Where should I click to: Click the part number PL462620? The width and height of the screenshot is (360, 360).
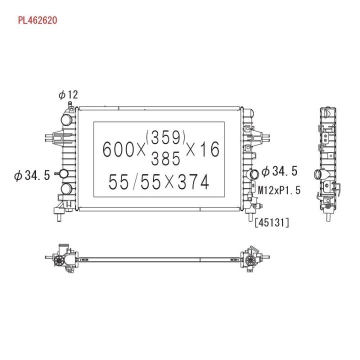coord(37,20)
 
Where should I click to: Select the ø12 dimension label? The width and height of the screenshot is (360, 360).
coord(68,94)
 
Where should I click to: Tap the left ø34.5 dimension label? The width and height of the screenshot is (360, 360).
coord(32,175)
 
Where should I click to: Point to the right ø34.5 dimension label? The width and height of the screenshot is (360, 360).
coord(279,171)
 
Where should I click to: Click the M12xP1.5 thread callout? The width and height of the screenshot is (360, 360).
coord(279,190)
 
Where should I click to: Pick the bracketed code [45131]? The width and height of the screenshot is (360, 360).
coord(272,222)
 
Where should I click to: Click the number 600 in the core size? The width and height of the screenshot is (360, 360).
coord(118,149)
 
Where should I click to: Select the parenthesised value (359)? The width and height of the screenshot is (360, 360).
coord(165,137)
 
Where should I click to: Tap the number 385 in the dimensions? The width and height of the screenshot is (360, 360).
coord(165,158)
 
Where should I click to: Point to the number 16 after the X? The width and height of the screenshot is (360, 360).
coord(208,149)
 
